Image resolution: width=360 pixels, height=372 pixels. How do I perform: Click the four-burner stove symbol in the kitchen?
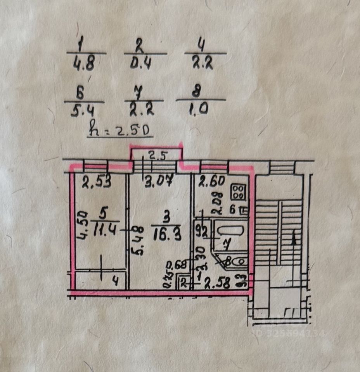(x=238, y=191)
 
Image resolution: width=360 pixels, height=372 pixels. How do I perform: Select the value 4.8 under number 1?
(x=84, y=64)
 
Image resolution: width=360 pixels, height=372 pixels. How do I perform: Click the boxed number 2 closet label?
(x=183, y=282)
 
